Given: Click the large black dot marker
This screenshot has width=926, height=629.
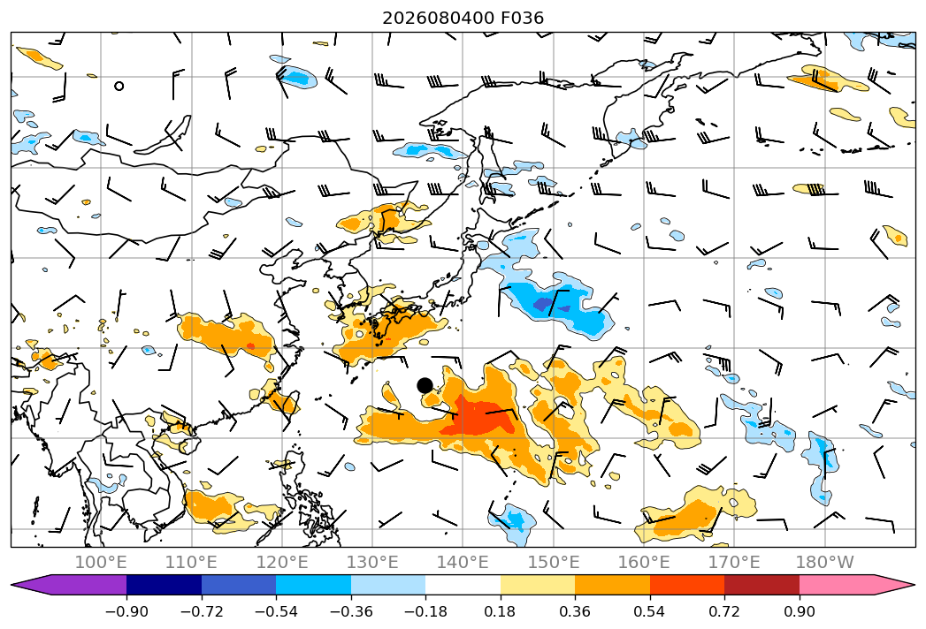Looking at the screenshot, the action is [x=425, y=385].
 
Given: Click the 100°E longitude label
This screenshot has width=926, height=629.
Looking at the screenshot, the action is [x=101, y=562].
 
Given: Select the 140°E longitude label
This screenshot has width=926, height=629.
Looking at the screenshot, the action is [x=463, y=562].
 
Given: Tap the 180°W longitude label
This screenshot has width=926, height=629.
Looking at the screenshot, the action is [x=824, y=562].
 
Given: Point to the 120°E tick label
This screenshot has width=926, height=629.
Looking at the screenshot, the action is [x=282, y=562].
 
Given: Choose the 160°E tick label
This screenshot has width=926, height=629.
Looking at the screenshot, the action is [x=644, y=562].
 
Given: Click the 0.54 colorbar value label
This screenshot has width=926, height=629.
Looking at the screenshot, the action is [x=650, y=611].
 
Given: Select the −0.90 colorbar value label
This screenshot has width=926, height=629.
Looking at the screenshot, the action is [x=126, y=611].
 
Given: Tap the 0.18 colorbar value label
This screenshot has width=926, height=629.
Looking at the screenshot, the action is [x=501, y=611].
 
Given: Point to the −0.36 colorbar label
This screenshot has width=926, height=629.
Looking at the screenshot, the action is [x=351, y=611].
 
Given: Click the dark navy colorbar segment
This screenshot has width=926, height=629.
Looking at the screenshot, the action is [x=164, y=585].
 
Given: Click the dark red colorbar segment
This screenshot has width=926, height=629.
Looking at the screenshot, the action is [x=761, y=585].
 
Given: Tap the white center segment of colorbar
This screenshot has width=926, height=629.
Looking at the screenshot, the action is [x=463, y=585].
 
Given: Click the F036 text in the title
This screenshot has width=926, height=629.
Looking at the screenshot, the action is [x=522, y=19].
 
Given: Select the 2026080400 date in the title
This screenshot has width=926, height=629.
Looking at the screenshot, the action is [x=438, y=19].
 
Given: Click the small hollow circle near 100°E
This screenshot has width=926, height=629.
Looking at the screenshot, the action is [x=119, y=87].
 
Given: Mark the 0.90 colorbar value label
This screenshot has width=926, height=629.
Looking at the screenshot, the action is [x=800, y=611].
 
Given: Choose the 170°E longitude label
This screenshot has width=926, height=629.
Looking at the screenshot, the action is [x=734, y=562].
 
